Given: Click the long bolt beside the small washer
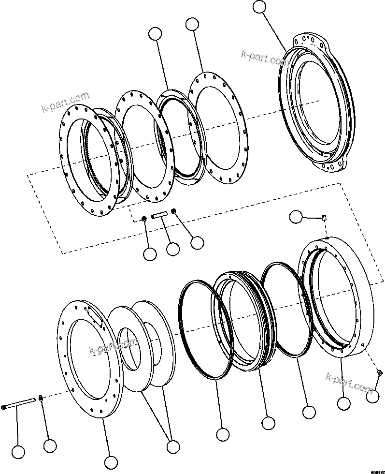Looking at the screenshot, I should [x=19, y=404].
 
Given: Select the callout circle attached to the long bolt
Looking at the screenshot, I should [x=18, y=452].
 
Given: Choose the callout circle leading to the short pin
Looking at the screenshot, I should [x=172, y=249].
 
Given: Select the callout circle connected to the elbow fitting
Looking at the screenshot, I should [x=296, y=217].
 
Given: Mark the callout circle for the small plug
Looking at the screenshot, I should [x=372, y=397].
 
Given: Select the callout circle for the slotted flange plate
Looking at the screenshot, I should [x=111, y=462].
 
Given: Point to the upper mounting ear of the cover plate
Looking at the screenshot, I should [x=314, y=39].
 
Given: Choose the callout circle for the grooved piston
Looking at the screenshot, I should [x=267, y=422].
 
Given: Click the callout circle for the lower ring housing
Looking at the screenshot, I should [x=343, y=403].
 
